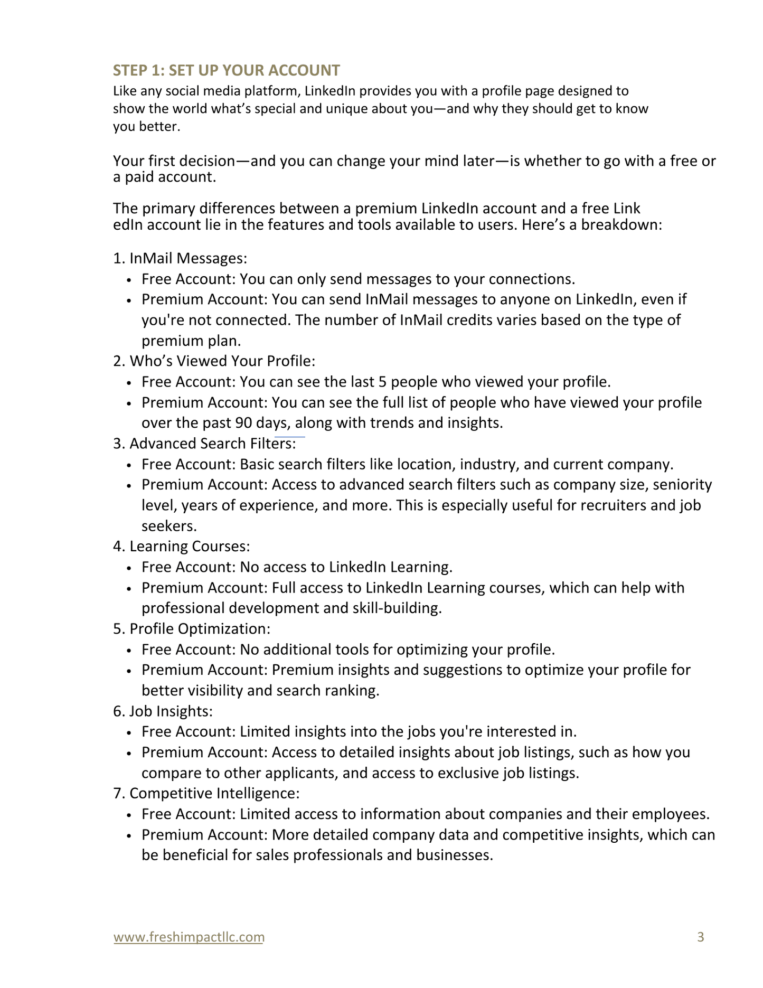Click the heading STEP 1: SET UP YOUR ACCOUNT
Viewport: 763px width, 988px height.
227,70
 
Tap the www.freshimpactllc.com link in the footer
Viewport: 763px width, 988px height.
189,937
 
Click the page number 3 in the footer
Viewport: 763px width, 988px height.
701,937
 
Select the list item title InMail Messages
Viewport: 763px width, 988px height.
188,258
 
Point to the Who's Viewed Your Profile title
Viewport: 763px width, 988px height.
222,361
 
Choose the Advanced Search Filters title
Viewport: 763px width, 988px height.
212,444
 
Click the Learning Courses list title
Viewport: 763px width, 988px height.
189,547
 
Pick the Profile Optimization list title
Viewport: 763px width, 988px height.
200,629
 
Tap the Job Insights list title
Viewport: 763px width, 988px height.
171,711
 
